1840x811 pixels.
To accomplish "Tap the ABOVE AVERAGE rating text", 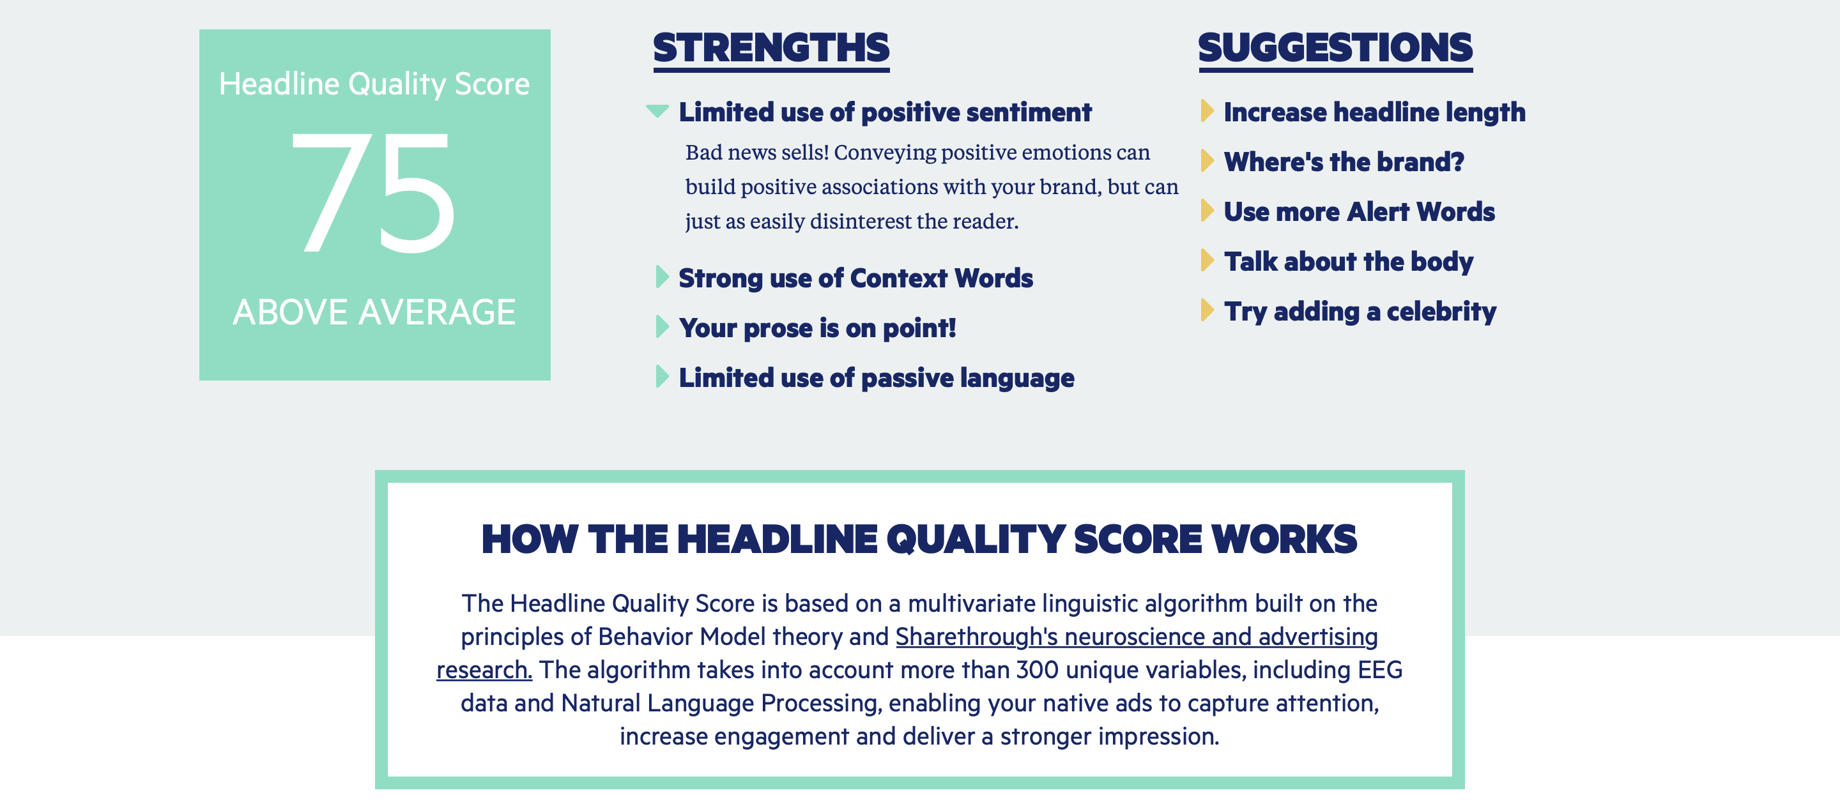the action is (x=374, y=312).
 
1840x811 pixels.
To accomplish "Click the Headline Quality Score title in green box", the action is (x=374, y=84).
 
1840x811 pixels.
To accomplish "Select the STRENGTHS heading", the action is (x=771, y=49).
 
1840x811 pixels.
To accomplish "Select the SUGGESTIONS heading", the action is (x=1336, y=49).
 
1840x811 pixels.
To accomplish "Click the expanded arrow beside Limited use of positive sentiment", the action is (x=657, y=110).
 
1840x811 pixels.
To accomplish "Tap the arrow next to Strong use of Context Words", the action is (x=662, y=277).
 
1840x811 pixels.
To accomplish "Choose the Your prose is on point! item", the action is (x=817, y=328).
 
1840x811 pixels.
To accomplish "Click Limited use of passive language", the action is (x=877, y=377).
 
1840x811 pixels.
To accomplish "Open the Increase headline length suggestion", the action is (x=1374, y=112).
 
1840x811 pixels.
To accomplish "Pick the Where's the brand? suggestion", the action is (x=1344, y=162).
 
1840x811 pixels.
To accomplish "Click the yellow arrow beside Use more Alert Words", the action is (x=1207, y=211).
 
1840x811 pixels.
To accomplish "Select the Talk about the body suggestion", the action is (x=1349, y=262).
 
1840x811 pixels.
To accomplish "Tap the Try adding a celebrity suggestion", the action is (x=1360, y=312).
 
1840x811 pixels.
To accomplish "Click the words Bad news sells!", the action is (x=757, y=152).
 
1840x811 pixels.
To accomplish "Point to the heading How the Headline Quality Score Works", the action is (x=919, y=539).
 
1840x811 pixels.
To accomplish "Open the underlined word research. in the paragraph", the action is (x=484, y=670).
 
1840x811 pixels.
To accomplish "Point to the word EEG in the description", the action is (x=1380, y=670).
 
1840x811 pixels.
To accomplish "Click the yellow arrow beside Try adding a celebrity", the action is (x=1207, y=310).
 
